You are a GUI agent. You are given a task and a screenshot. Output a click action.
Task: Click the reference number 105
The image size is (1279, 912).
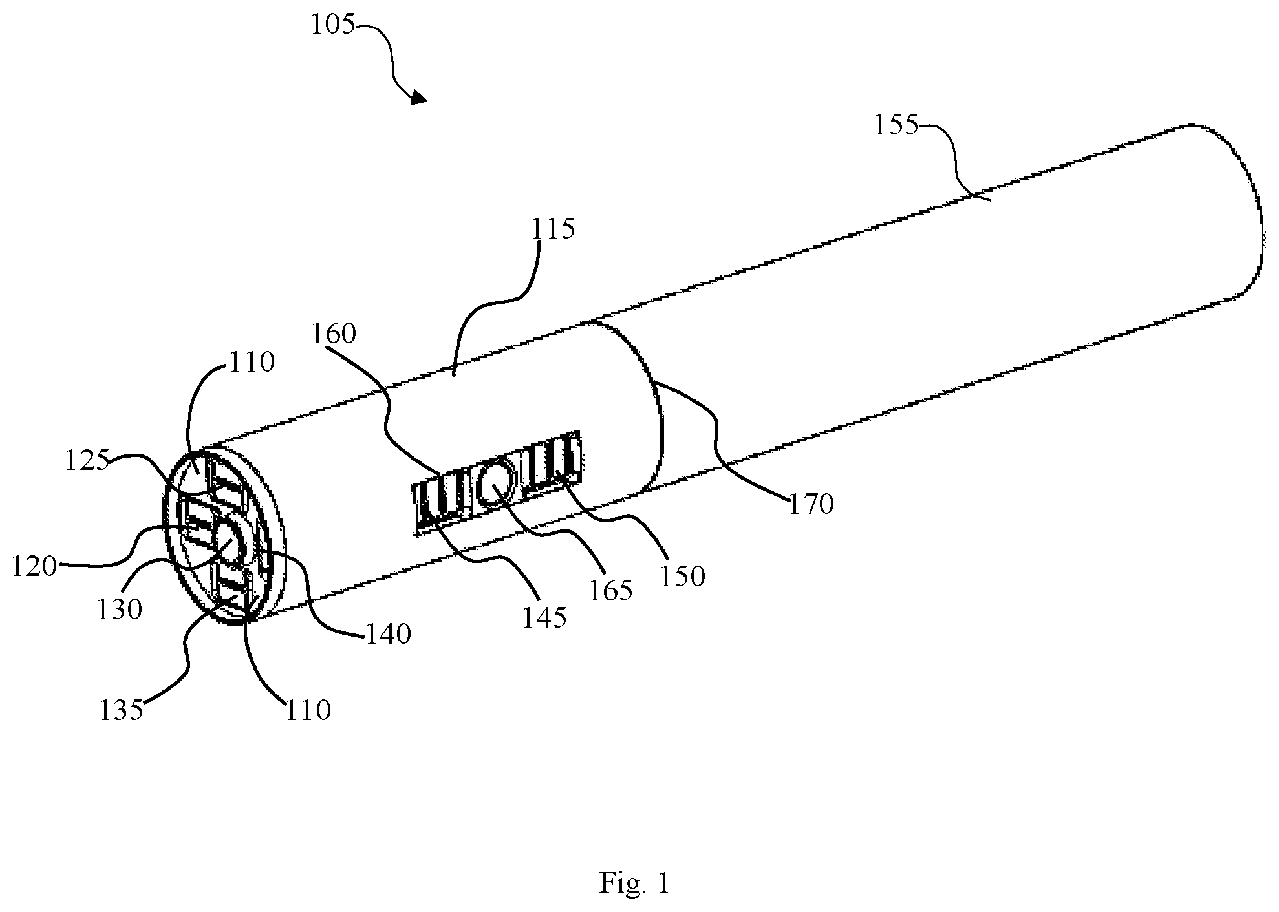click(x=332, y=25)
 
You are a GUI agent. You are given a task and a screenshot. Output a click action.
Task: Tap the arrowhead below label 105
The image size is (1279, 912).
click(x=417, y=97)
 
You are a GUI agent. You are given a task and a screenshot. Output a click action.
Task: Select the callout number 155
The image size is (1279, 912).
click(x=896, y=125)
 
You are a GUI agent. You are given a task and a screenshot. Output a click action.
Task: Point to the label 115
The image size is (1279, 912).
click(x=552, y=229)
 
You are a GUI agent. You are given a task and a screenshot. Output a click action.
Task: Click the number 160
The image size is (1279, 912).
click(x=334, y=334)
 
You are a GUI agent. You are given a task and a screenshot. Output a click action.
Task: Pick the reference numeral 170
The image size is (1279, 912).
click(x=811, y=504)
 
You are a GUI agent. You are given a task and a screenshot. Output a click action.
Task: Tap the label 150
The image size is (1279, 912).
click(x=682, y=576)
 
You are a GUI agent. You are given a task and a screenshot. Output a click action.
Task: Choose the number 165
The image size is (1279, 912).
click(x=610, y=591)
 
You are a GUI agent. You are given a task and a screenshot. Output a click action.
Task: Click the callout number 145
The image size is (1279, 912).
click(x=544, y=618)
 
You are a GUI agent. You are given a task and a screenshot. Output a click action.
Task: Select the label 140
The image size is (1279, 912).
click(x=388, y=634)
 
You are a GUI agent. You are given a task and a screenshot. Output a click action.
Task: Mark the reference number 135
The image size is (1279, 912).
click(x=121, y=711)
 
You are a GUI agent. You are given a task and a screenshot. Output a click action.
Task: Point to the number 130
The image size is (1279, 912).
click(x=120, y=609)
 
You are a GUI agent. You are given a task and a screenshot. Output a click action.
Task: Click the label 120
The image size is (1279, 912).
click(x=34, y=567)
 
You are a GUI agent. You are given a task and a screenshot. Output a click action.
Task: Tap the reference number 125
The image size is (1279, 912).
click(x=87, y=460)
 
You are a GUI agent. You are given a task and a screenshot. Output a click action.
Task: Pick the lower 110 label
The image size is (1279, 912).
click(x=307, y=710)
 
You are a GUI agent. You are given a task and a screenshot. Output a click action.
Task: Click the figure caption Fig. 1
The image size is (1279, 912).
click(x=634, y=883)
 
